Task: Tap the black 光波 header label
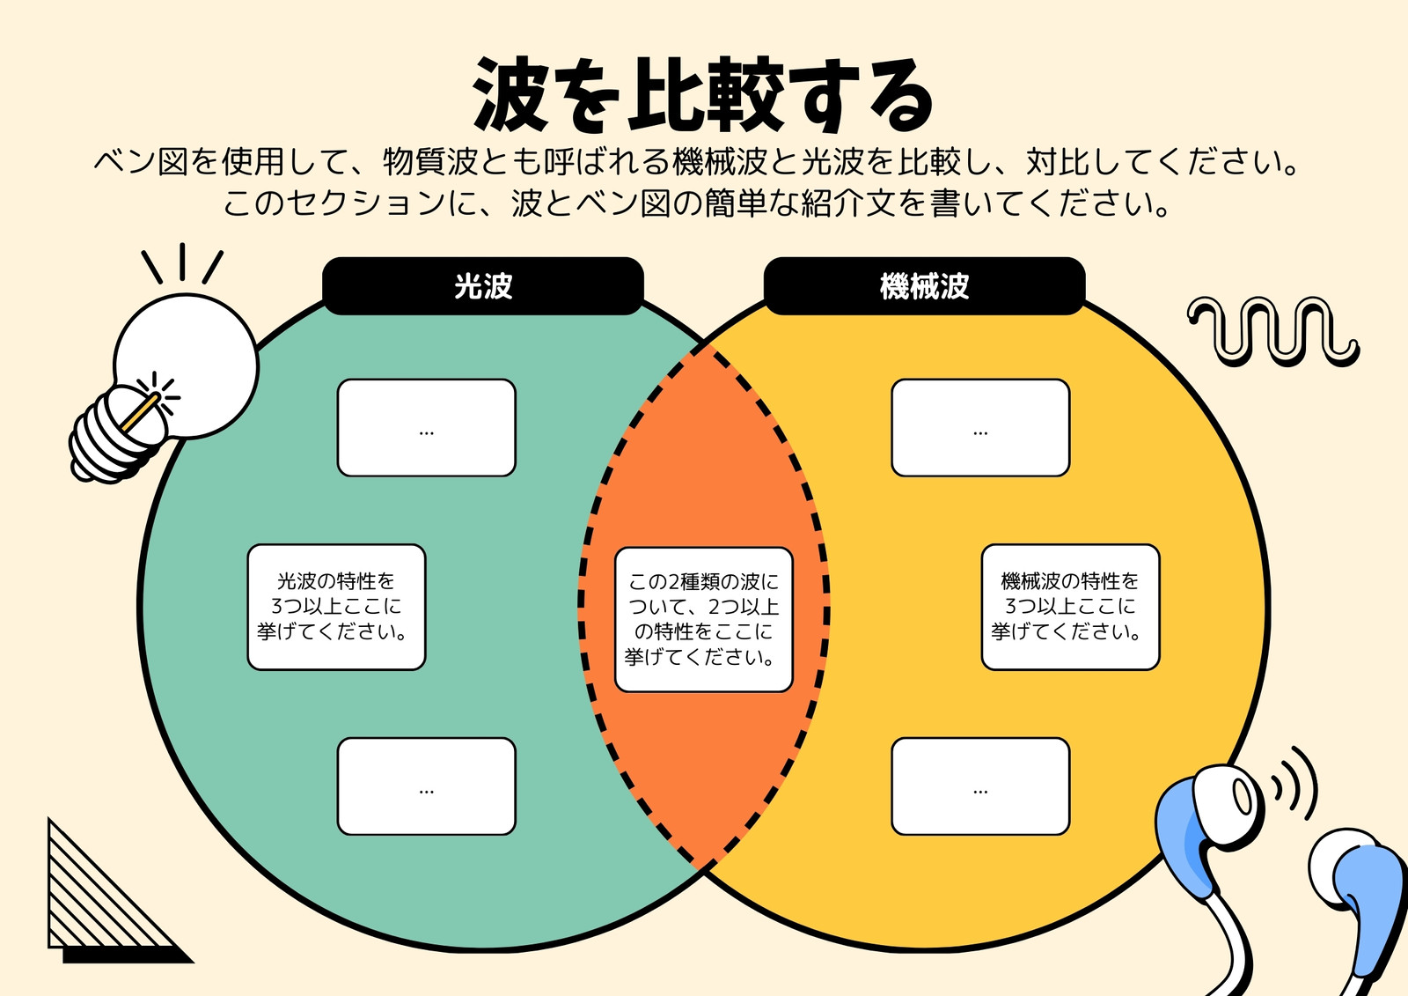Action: [x=483, y=286]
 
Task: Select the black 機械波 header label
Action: [x=925, y=286]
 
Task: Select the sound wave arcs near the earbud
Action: [x=1294, y=784]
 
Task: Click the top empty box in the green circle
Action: [x=426, y=428]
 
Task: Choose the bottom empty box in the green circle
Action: [x=426, y=786]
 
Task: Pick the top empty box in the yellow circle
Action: [x=980, y=428]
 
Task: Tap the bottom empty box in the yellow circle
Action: [x=980, y=786]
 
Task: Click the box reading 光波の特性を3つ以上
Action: [x=336, y=607]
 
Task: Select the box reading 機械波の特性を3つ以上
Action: [x=1070, y=607]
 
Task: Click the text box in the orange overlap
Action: [x=703, y=620]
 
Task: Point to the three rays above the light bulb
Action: [x=182, y=263]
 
